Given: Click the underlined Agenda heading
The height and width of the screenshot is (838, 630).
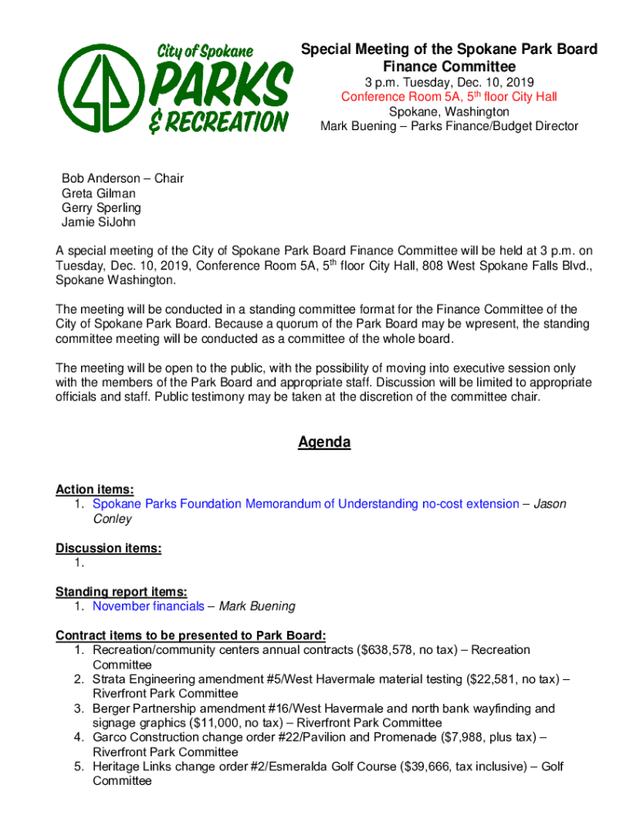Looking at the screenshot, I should (x=324, y=443).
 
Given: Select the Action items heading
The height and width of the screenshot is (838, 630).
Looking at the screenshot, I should (x=95, y=489).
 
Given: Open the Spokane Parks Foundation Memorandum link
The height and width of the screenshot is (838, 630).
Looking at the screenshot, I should (x=305, y=504).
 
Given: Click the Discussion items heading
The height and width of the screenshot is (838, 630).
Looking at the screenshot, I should (x=108, y=548).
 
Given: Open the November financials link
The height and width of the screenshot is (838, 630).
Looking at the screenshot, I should (x=148, y=606).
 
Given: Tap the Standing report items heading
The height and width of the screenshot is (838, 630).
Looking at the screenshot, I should (x=121, y=592).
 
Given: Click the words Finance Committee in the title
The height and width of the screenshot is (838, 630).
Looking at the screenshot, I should (x=449, y=66).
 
